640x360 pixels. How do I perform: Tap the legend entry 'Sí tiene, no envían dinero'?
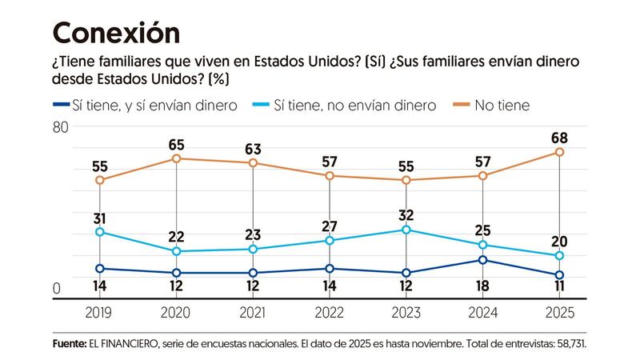354,104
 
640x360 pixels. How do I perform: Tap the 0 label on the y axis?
56,289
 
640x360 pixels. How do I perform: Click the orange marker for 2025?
560,152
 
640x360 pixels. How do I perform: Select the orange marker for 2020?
177,158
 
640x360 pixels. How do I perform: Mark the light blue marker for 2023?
406,230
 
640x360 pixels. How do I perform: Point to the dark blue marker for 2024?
483,260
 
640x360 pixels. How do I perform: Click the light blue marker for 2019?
100,232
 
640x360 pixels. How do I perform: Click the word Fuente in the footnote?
70,342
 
